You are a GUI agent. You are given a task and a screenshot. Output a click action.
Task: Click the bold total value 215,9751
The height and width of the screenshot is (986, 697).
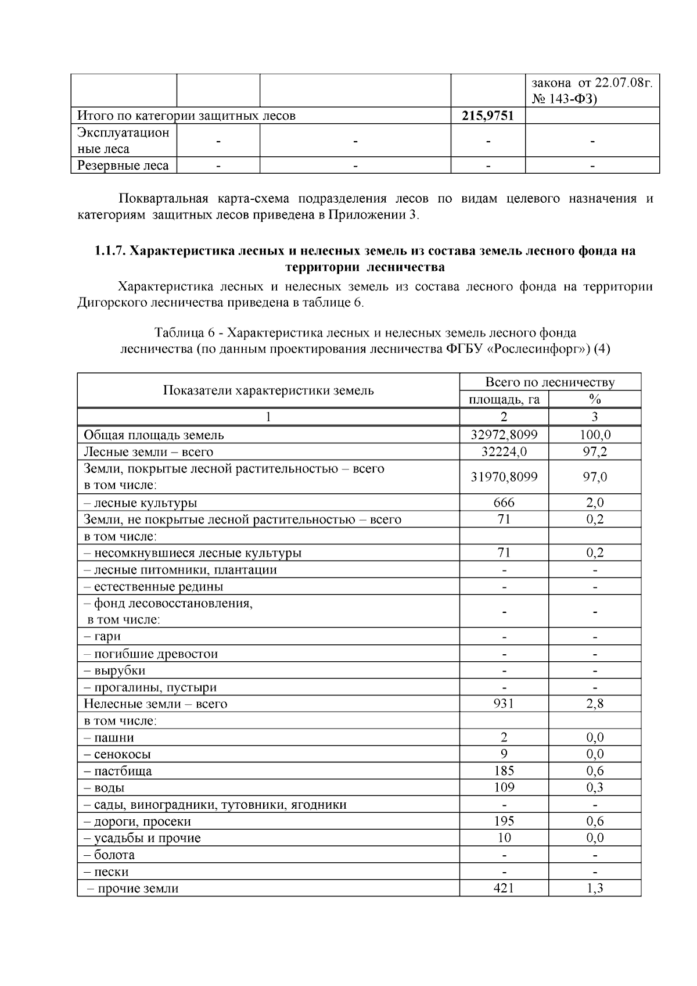[x=487, y=116]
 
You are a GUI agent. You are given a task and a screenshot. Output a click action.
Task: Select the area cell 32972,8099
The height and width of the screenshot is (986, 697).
[x=504, y=435]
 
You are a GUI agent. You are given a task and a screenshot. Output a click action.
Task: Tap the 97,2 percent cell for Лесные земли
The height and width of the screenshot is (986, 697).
[x=594, y=451]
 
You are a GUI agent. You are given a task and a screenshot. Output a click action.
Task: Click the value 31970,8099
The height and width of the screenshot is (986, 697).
[x=504, y=477]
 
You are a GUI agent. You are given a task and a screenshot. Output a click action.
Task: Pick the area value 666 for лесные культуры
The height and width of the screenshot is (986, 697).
[x=504, y=503]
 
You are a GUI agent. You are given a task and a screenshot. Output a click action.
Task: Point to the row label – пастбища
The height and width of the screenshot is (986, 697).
[x=118, y=771]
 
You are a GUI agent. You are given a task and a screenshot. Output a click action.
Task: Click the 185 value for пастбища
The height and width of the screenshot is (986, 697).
[x=504, y=771]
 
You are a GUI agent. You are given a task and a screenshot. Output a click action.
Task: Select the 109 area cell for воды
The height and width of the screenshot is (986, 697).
[x=504, y=787]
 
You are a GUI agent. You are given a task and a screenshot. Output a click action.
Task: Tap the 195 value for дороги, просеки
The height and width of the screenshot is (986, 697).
[x=504, y=821]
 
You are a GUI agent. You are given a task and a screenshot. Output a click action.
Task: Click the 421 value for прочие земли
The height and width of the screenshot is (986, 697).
[x=504, y=888]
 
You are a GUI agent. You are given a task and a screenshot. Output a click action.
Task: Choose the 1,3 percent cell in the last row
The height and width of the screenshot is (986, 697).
[x=594, y=888]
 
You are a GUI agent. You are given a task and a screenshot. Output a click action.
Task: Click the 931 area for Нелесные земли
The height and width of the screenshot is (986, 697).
[x=504, y=704]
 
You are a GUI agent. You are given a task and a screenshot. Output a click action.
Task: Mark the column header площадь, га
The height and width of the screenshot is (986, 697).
[x=504, y=399]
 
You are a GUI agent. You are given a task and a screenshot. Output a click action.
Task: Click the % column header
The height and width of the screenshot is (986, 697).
[x=594, y=399]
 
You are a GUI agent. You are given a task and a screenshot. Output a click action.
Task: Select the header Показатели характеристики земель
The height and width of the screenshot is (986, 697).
[x=268, y=390]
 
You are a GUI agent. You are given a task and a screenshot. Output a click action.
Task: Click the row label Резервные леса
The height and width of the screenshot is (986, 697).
[x=123, y=166]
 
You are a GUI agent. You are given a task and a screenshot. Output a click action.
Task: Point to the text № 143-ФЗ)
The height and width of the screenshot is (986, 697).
[x=564, y=99]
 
